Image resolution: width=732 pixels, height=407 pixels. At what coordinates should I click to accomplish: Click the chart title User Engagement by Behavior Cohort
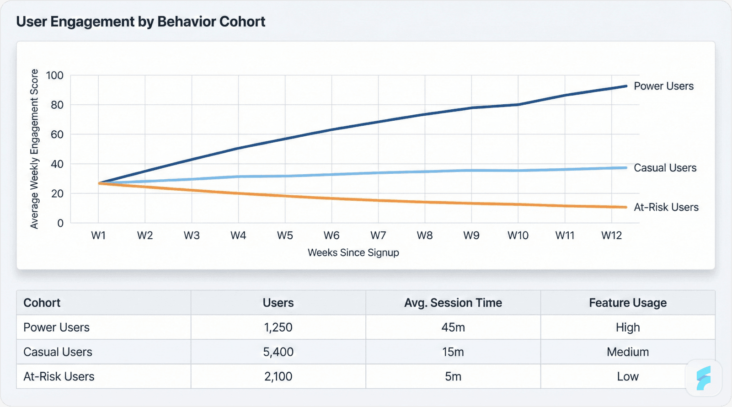(x=141, y=22)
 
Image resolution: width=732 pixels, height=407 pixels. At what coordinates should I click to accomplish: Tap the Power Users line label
(x=663, y=86)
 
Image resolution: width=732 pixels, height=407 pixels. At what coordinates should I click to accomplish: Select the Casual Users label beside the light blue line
(x=665, y=168)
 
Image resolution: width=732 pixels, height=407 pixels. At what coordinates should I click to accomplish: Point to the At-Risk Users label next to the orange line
(x=666, y=207)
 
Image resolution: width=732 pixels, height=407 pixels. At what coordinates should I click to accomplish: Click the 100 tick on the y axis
(x=55, y=75)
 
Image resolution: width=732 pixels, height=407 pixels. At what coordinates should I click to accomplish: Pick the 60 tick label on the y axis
(x=57, y=134)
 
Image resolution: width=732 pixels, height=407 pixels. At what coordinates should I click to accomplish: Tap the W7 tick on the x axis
(x=378, y=236)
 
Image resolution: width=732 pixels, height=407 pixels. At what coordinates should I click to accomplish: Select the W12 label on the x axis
(x=611, y=236)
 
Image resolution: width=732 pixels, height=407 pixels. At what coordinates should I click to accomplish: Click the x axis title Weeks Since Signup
(x=353, y=252)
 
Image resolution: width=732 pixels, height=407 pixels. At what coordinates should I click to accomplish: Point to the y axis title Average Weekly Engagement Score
(x=34, y=149)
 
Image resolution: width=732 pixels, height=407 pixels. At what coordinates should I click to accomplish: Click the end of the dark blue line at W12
(x=626, y=86)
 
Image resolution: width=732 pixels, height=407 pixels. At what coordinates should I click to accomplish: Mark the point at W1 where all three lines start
(x=99, y=183)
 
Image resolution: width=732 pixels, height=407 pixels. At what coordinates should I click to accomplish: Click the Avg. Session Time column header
(x=453, y=303)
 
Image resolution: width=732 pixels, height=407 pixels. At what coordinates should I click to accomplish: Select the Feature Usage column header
(x=627, y=303)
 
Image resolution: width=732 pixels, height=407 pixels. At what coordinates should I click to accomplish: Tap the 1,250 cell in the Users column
(x=278, y=327)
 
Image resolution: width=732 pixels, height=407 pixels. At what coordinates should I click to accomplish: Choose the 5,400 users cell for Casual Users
(x=278, y=352)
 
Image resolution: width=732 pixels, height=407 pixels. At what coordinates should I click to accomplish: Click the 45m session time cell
(x=453, y=327)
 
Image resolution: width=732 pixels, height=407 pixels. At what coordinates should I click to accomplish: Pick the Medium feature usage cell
(x=627, y=352)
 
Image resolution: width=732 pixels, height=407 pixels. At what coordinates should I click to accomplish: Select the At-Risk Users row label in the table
(x=59, y=376)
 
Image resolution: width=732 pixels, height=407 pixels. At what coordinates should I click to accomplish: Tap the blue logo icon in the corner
(x=703, y=378)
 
